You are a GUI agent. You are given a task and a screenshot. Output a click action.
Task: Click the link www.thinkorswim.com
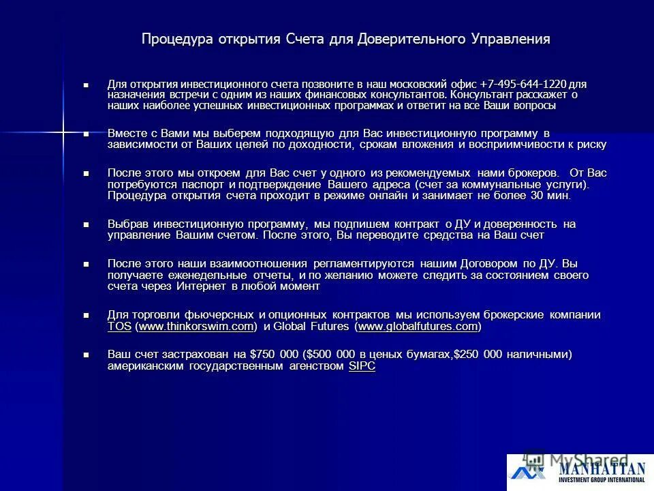[196, 327]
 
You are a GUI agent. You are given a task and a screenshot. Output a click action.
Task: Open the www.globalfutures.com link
[418, 327]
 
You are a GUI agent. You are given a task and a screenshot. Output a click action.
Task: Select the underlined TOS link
[119, 327]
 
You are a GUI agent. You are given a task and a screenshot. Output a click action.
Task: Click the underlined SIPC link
[362, 366]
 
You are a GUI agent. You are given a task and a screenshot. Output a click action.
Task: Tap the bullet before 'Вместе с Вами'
[86, 134]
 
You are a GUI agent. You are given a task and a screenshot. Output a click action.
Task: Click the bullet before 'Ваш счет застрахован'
[86, 355]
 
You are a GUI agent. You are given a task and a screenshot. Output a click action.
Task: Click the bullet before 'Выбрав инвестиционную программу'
[86, 224]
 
